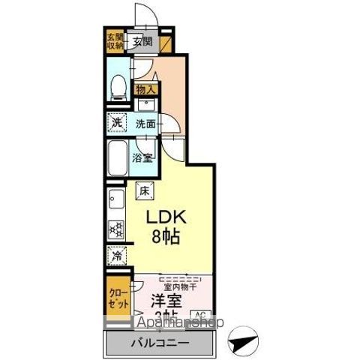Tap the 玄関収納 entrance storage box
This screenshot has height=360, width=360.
click(x=114, y=40)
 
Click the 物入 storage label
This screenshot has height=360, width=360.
click(x=145, y=90)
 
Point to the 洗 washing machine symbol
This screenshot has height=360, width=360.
click(x=116, y=122)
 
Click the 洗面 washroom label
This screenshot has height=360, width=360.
click(x=145, y=122)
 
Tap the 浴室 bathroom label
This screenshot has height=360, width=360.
click(x=143, y=157)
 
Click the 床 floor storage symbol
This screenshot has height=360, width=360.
click(x=145, y=190)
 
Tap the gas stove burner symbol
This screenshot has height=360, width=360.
click(x=116, y=228)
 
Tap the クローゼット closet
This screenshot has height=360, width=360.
click(x=116, y=299)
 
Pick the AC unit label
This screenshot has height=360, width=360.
click(x=201, y=315)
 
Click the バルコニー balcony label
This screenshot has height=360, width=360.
click(x=161, y=343)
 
